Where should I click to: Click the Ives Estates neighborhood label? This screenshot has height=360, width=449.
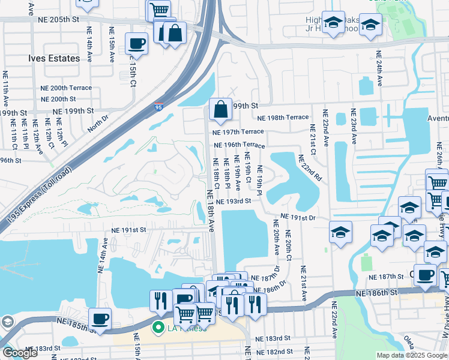(53, 58)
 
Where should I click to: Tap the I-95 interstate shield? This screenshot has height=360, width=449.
(158, 107)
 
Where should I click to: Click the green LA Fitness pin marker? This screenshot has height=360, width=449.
(159, 328)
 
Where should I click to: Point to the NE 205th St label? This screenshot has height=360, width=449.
(58, 19)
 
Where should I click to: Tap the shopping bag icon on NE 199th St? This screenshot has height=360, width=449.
(220, 109)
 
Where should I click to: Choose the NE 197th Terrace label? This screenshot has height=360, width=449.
(238, 131)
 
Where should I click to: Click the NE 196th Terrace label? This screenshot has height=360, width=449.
(238, 145)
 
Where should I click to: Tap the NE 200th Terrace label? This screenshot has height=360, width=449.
(71, 88)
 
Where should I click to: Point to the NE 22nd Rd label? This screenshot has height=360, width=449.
(310, 169)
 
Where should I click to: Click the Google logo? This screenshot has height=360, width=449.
(20, 352)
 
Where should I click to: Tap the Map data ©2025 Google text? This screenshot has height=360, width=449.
(411, 355)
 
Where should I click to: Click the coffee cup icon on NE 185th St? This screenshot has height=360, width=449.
(100, 319)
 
